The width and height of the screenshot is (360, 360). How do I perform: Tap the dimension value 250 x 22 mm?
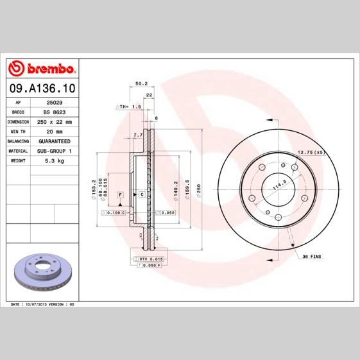(x=55, y=121)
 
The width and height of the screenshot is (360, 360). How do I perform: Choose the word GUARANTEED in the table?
(x=54, y=140)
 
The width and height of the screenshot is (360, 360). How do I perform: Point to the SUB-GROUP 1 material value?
(x=55, y=150)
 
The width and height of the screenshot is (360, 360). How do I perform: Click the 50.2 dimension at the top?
(x=142, y=83)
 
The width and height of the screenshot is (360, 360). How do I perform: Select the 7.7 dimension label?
(x=137, y=135)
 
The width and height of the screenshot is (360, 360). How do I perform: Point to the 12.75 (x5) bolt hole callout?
(x=311, y=152)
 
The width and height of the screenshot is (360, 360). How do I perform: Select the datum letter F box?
(x=119, y=194)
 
